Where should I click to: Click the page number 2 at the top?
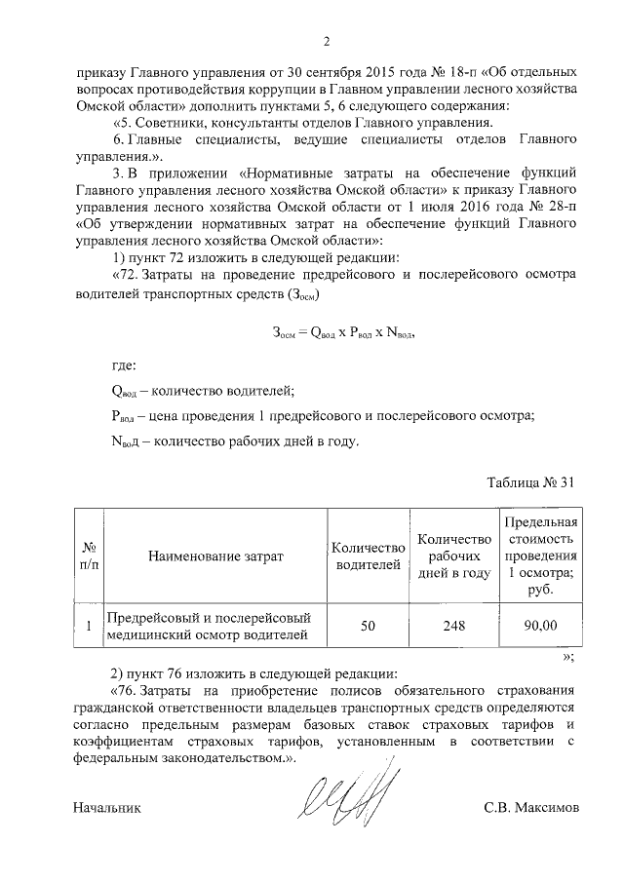click(x=327, y=42)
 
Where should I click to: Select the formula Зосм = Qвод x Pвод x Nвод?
click(x=344, y=332)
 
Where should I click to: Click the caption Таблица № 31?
click(x=532, y=482)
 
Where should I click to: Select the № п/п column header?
click(x=89, y=556)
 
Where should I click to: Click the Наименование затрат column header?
click(x=215, y=556)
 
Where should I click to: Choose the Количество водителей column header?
click(x=368, y=556)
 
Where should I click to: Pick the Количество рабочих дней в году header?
click(x=452, y=556)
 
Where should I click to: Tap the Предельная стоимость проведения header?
click(x=540, y=556)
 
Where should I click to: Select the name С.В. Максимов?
click(x=530, y=808)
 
